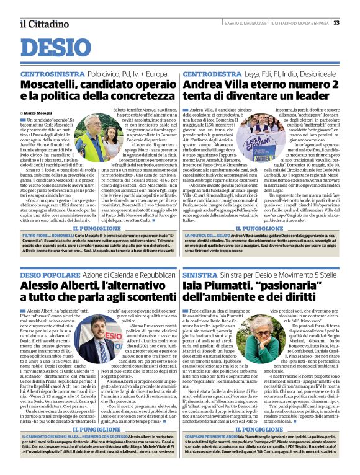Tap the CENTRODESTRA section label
pyautogui.click(x=212, y=74)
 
